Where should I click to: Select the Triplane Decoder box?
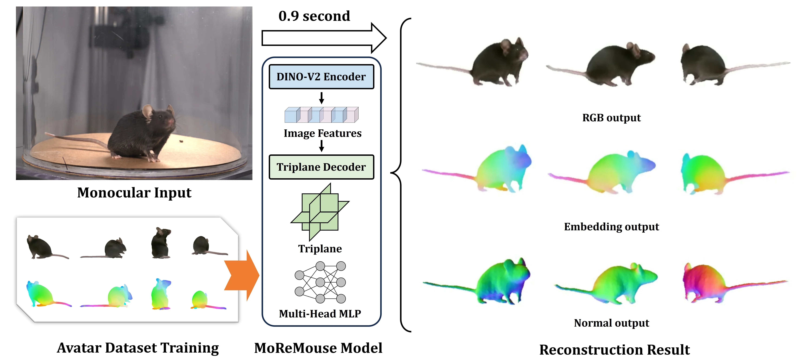[321, 167]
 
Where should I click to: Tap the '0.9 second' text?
[314, 16]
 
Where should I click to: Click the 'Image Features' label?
[322, 133]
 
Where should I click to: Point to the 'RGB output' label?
[611, 118]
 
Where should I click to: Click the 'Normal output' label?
[611, 323]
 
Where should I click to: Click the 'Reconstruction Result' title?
[614, 349]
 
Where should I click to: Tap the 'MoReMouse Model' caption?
[318, 348]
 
